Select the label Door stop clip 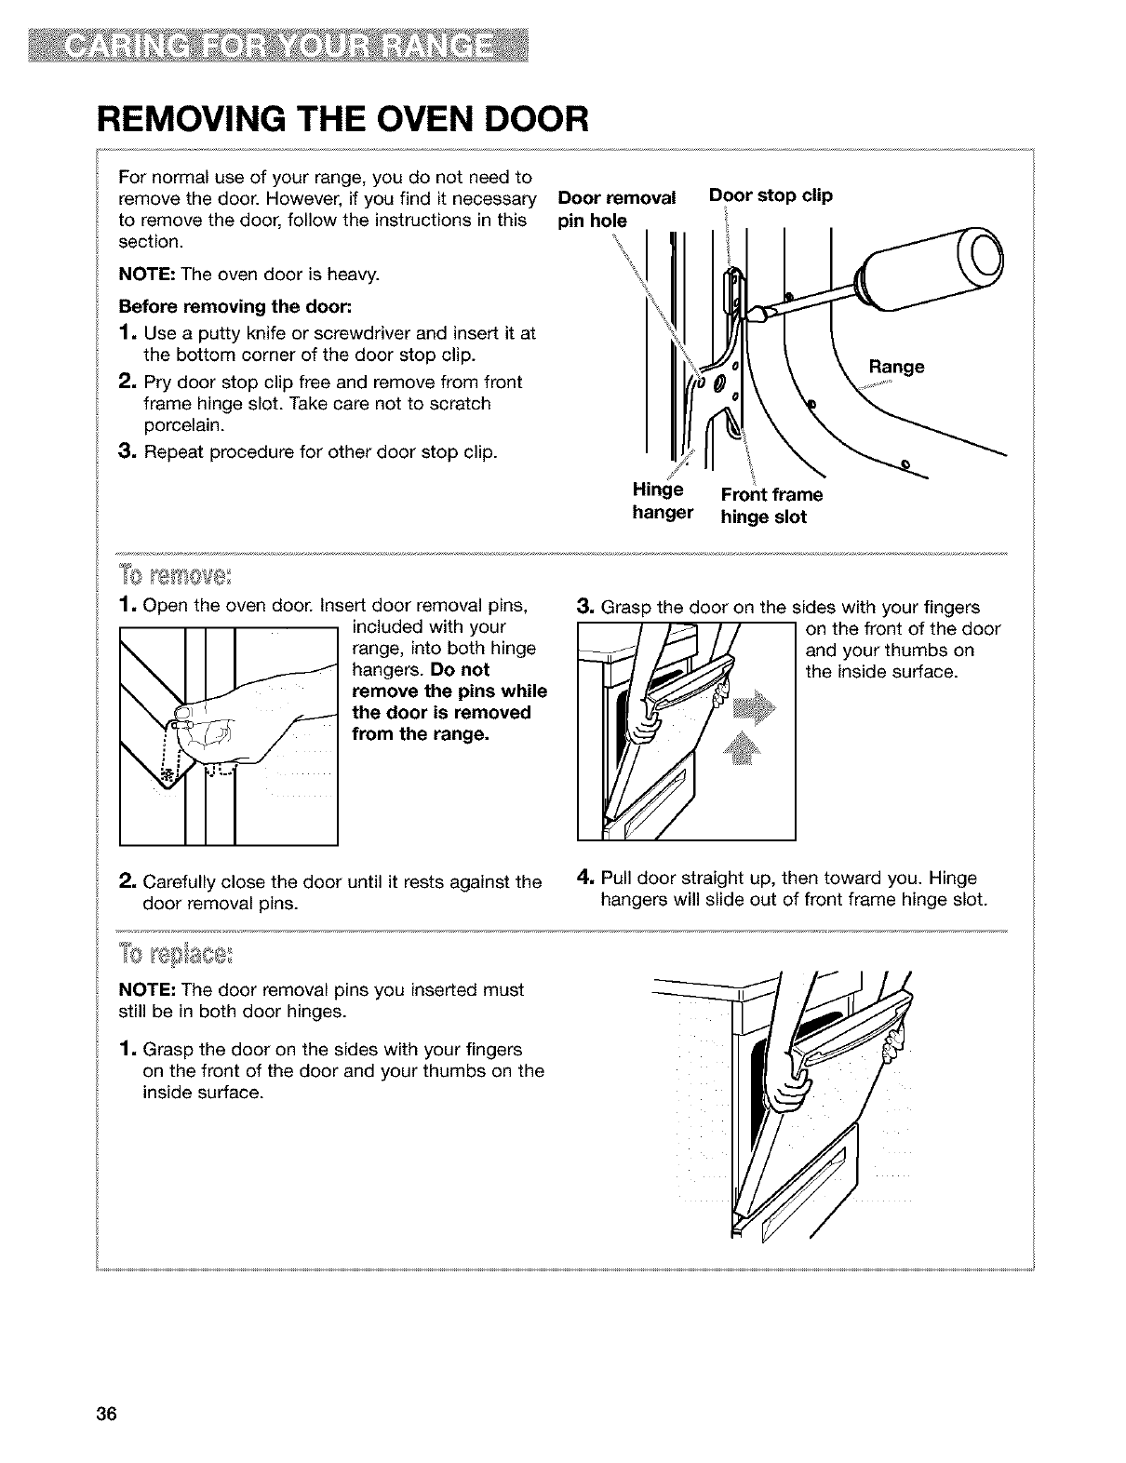(771, 196)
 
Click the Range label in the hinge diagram (896, 367)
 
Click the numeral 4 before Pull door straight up (584, 878)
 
